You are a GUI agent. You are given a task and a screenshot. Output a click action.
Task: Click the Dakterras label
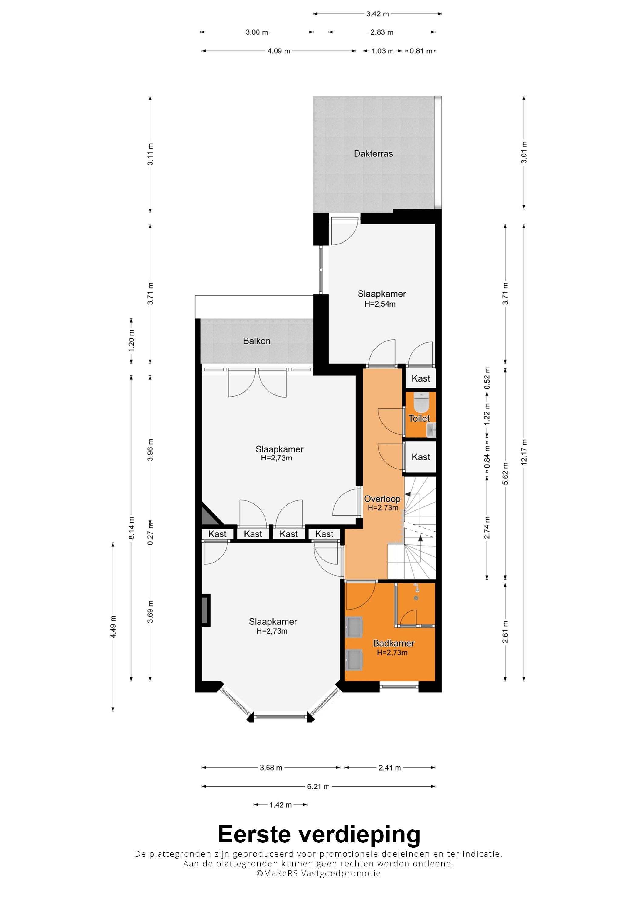tap(373, 154)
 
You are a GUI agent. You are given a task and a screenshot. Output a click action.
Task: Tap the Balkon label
tap(257, 341)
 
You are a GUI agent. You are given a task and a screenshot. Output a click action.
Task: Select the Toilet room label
tap(419, 418)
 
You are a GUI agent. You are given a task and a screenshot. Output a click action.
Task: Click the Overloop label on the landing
tap(382, 499)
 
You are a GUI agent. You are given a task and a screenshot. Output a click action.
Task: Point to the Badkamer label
tap(394, 643)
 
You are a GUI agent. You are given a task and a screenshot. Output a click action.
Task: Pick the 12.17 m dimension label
tap(524, 452)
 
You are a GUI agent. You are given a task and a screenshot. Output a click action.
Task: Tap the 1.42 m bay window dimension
tap(280, 805)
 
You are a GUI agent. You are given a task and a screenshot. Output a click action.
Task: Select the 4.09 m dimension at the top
tap(279, 51)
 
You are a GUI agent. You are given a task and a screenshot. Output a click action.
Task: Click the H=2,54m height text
tap(380, 304)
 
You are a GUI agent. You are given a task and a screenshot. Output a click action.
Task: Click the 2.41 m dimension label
tap(390, 768)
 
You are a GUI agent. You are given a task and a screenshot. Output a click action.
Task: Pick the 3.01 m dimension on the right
tap(524, 153)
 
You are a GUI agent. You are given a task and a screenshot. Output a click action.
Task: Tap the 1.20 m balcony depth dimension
tap(131, 341)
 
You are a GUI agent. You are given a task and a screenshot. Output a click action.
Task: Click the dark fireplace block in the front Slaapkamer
tap(206, 610)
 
